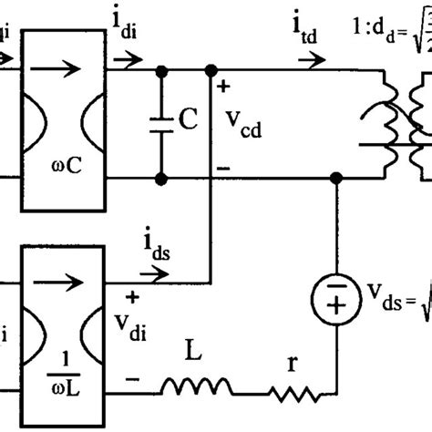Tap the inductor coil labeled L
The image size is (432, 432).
coord(189,388)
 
